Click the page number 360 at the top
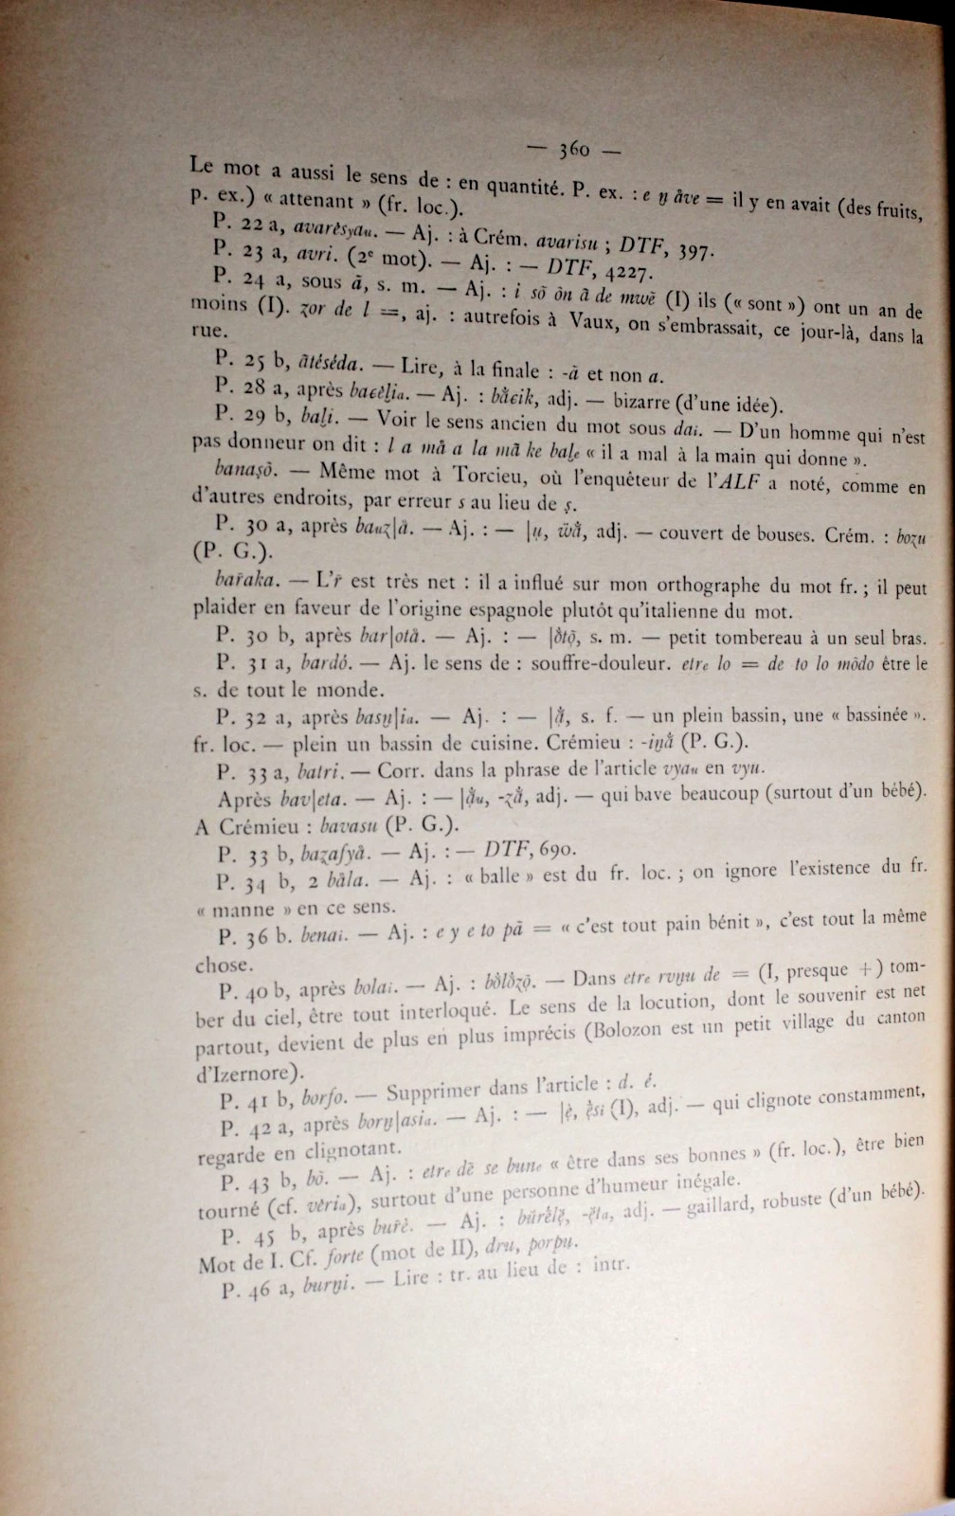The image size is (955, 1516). [x=574, y=149]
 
